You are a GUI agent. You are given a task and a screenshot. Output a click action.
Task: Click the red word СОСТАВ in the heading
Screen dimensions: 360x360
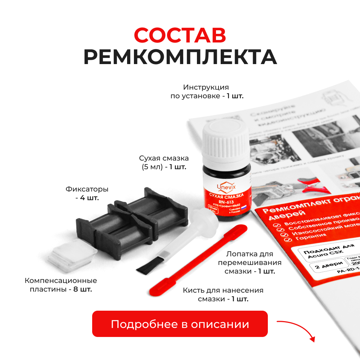pyautogui.click(x=180, y=35)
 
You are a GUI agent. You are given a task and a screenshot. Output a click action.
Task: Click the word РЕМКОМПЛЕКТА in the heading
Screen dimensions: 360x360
pyautogui.click(x=180, y=57)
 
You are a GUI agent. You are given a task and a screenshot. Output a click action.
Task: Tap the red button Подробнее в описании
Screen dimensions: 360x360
pyautogui.click(x=180, y=324)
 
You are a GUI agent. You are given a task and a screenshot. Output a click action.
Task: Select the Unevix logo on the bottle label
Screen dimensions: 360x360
pyautogui.click(x=226, y=186)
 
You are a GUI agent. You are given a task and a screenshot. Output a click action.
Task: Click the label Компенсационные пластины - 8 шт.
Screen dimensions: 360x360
pyautogui.click(x=61, y=285)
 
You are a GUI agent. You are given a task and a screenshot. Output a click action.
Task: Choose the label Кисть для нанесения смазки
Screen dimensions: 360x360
pyautogui.click(x=223, y=294)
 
